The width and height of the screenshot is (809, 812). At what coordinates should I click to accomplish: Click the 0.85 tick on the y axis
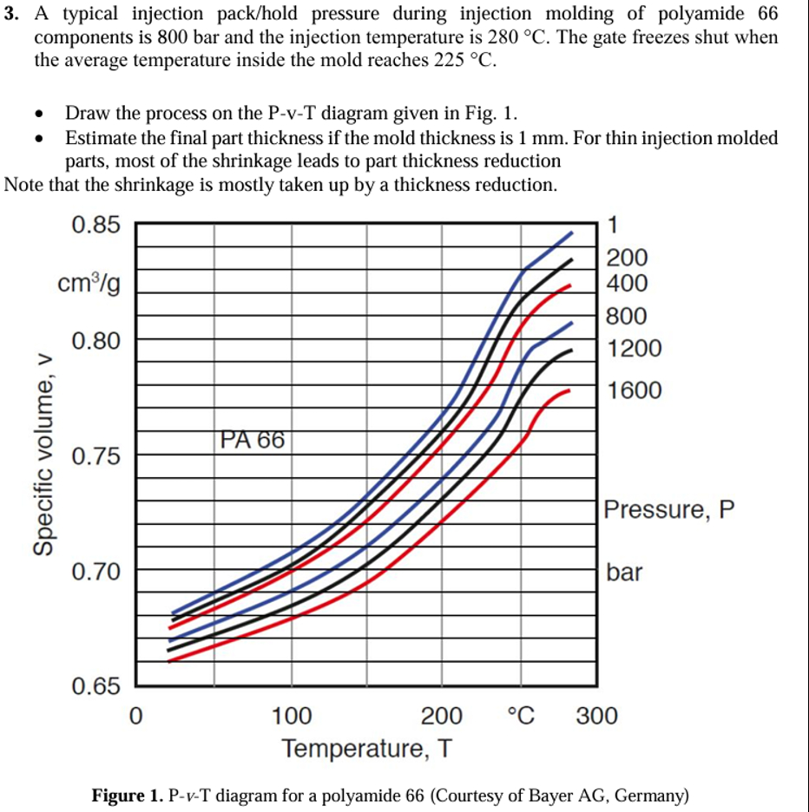(x=95, y=225)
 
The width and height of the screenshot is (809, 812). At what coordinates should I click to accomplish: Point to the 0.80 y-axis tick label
(x=95, y=340)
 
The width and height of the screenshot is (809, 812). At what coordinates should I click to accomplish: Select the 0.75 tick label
(x=95, y=456)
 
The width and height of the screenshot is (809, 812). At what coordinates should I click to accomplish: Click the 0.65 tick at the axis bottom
(x=95, y=687)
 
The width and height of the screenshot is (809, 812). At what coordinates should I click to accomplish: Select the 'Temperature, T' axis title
(x=365, y=747)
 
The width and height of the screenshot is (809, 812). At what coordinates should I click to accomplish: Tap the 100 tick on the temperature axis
(x=293, y=717)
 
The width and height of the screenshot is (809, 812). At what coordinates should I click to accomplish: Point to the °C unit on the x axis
(x=521, y=717)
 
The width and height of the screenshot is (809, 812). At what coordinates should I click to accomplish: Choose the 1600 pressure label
(x=634, y=390)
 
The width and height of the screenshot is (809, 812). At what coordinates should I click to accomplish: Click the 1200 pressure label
(x=634, y=349)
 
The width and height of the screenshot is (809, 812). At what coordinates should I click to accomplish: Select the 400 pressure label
(x=627, y=283)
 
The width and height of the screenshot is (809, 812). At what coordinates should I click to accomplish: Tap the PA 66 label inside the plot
(x=252, y=440)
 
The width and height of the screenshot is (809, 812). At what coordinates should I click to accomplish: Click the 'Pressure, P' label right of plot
(x=669, y=509)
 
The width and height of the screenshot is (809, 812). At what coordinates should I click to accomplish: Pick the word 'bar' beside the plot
(x=625, y=572)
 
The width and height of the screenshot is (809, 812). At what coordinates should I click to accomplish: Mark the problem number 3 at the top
(x=8, y=15)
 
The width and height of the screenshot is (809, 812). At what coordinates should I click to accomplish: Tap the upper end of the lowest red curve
(x=569, y=390)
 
